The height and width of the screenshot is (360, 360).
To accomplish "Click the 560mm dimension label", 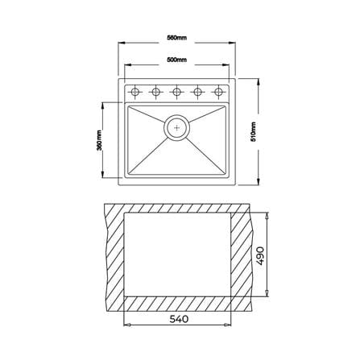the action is pos(176,38).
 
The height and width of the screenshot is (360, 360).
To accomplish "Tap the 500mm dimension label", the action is pos(176,60).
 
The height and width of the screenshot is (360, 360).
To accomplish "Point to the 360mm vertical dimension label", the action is pos(99,140).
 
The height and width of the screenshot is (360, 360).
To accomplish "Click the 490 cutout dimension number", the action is pos(260,256).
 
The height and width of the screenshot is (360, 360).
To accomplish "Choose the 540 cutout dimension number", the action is pos(179,319).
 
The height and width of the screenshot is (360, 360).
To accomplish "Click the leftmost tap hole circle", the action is pos(134,92).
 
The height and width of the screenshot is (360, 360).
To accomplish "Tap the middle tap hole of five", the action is pos(176,92).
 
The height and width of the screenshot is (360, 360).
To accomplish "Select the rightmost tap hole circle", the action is pos(218,92).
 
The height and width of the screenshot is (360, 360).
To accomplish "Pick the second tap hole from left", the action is pos(155,92).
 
